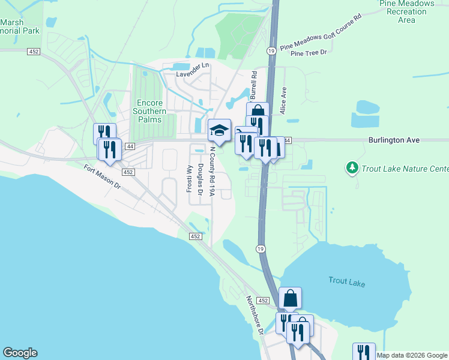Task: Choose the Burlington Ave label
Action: point(394,140)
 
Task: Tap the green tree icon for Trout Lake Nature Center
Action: point(352,167)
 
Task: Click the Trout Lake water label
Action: point(346,281)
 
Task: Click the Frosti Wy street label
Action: point(189,177)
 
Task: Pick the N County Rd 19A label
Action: point(212,172)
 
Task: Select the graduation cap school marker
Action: point(219,130)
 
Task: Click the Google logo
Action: point(20,353)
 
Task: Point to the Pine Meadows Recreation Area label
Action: point(406,11)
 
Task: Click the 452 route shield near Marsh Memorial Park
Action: point(34,52)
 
